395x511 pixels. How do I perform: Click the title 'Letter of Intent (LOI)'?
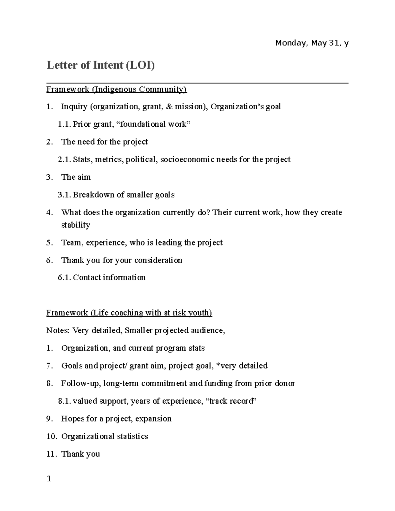click(100, 65)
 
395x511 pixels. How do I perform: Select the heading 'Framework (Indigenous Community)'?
click(117, 89)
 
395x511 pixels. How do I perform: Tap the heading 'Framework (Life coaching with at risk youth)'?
click(129, 313)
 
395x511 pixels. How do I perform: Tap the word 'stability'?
click(76, 225)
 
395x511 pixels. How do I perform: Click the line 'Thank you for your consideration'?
click(121, 260)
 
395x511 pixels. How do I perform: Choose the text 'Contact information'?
click(109, 278)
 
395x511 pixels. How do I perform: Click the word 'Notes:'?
click(58, 330)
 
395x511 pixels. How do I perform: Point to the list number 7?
click(49, 366)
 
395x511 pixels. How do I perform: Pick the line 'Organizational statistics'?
click(104, 436)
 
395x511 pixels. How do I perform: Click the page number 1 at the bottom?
click(49, 479)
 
